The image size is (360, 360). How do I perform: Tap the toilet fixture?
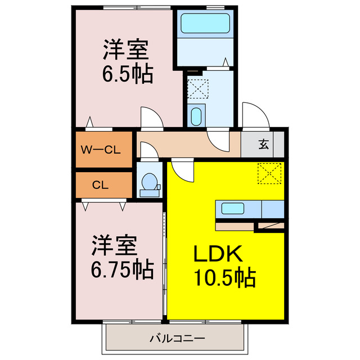[149, 184]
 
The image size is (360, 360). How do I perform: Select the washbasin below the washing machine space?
[196, 116]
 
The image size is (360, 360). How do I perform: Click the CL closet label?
[101, 184]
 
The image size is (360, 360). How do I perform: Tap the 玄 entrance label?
[263, 144]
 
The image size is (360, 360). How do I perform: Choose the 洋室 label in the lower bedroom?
[115, 246]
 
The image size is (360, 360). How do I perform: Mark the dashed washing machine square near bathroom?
[197, 88]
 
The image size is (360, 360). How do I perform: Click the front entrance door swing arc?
[255, 115]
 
